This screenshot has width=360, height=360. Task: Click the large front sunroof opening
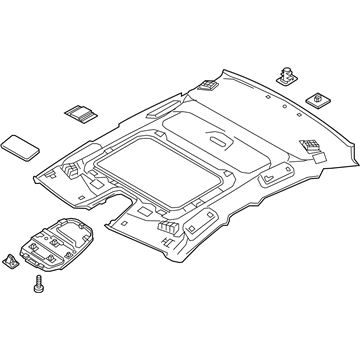point(151,177)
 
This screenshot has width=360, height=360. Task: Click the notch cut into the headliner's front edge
point(128,213)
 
